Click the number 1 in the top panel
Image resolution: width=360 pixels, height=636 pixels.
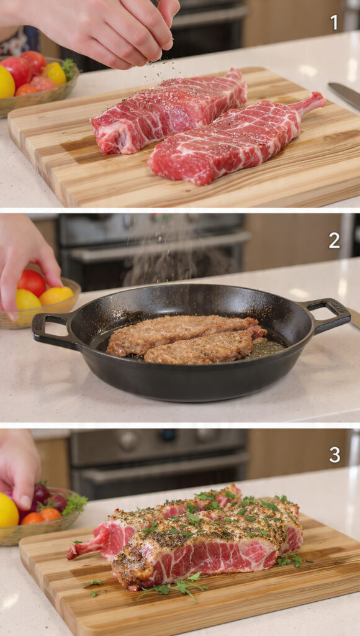pos(334,23)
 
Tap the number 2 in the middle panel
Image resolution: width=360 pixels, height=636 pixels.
pos(334,240)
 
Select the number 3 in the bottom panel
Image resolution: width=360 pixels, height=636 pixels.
pos(334,455)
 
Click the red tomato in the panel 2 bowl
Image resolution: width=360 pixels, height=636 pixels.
pos(31,283)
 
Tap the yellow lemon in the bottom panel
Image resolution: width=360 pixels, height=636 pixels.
pos(7,511)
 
